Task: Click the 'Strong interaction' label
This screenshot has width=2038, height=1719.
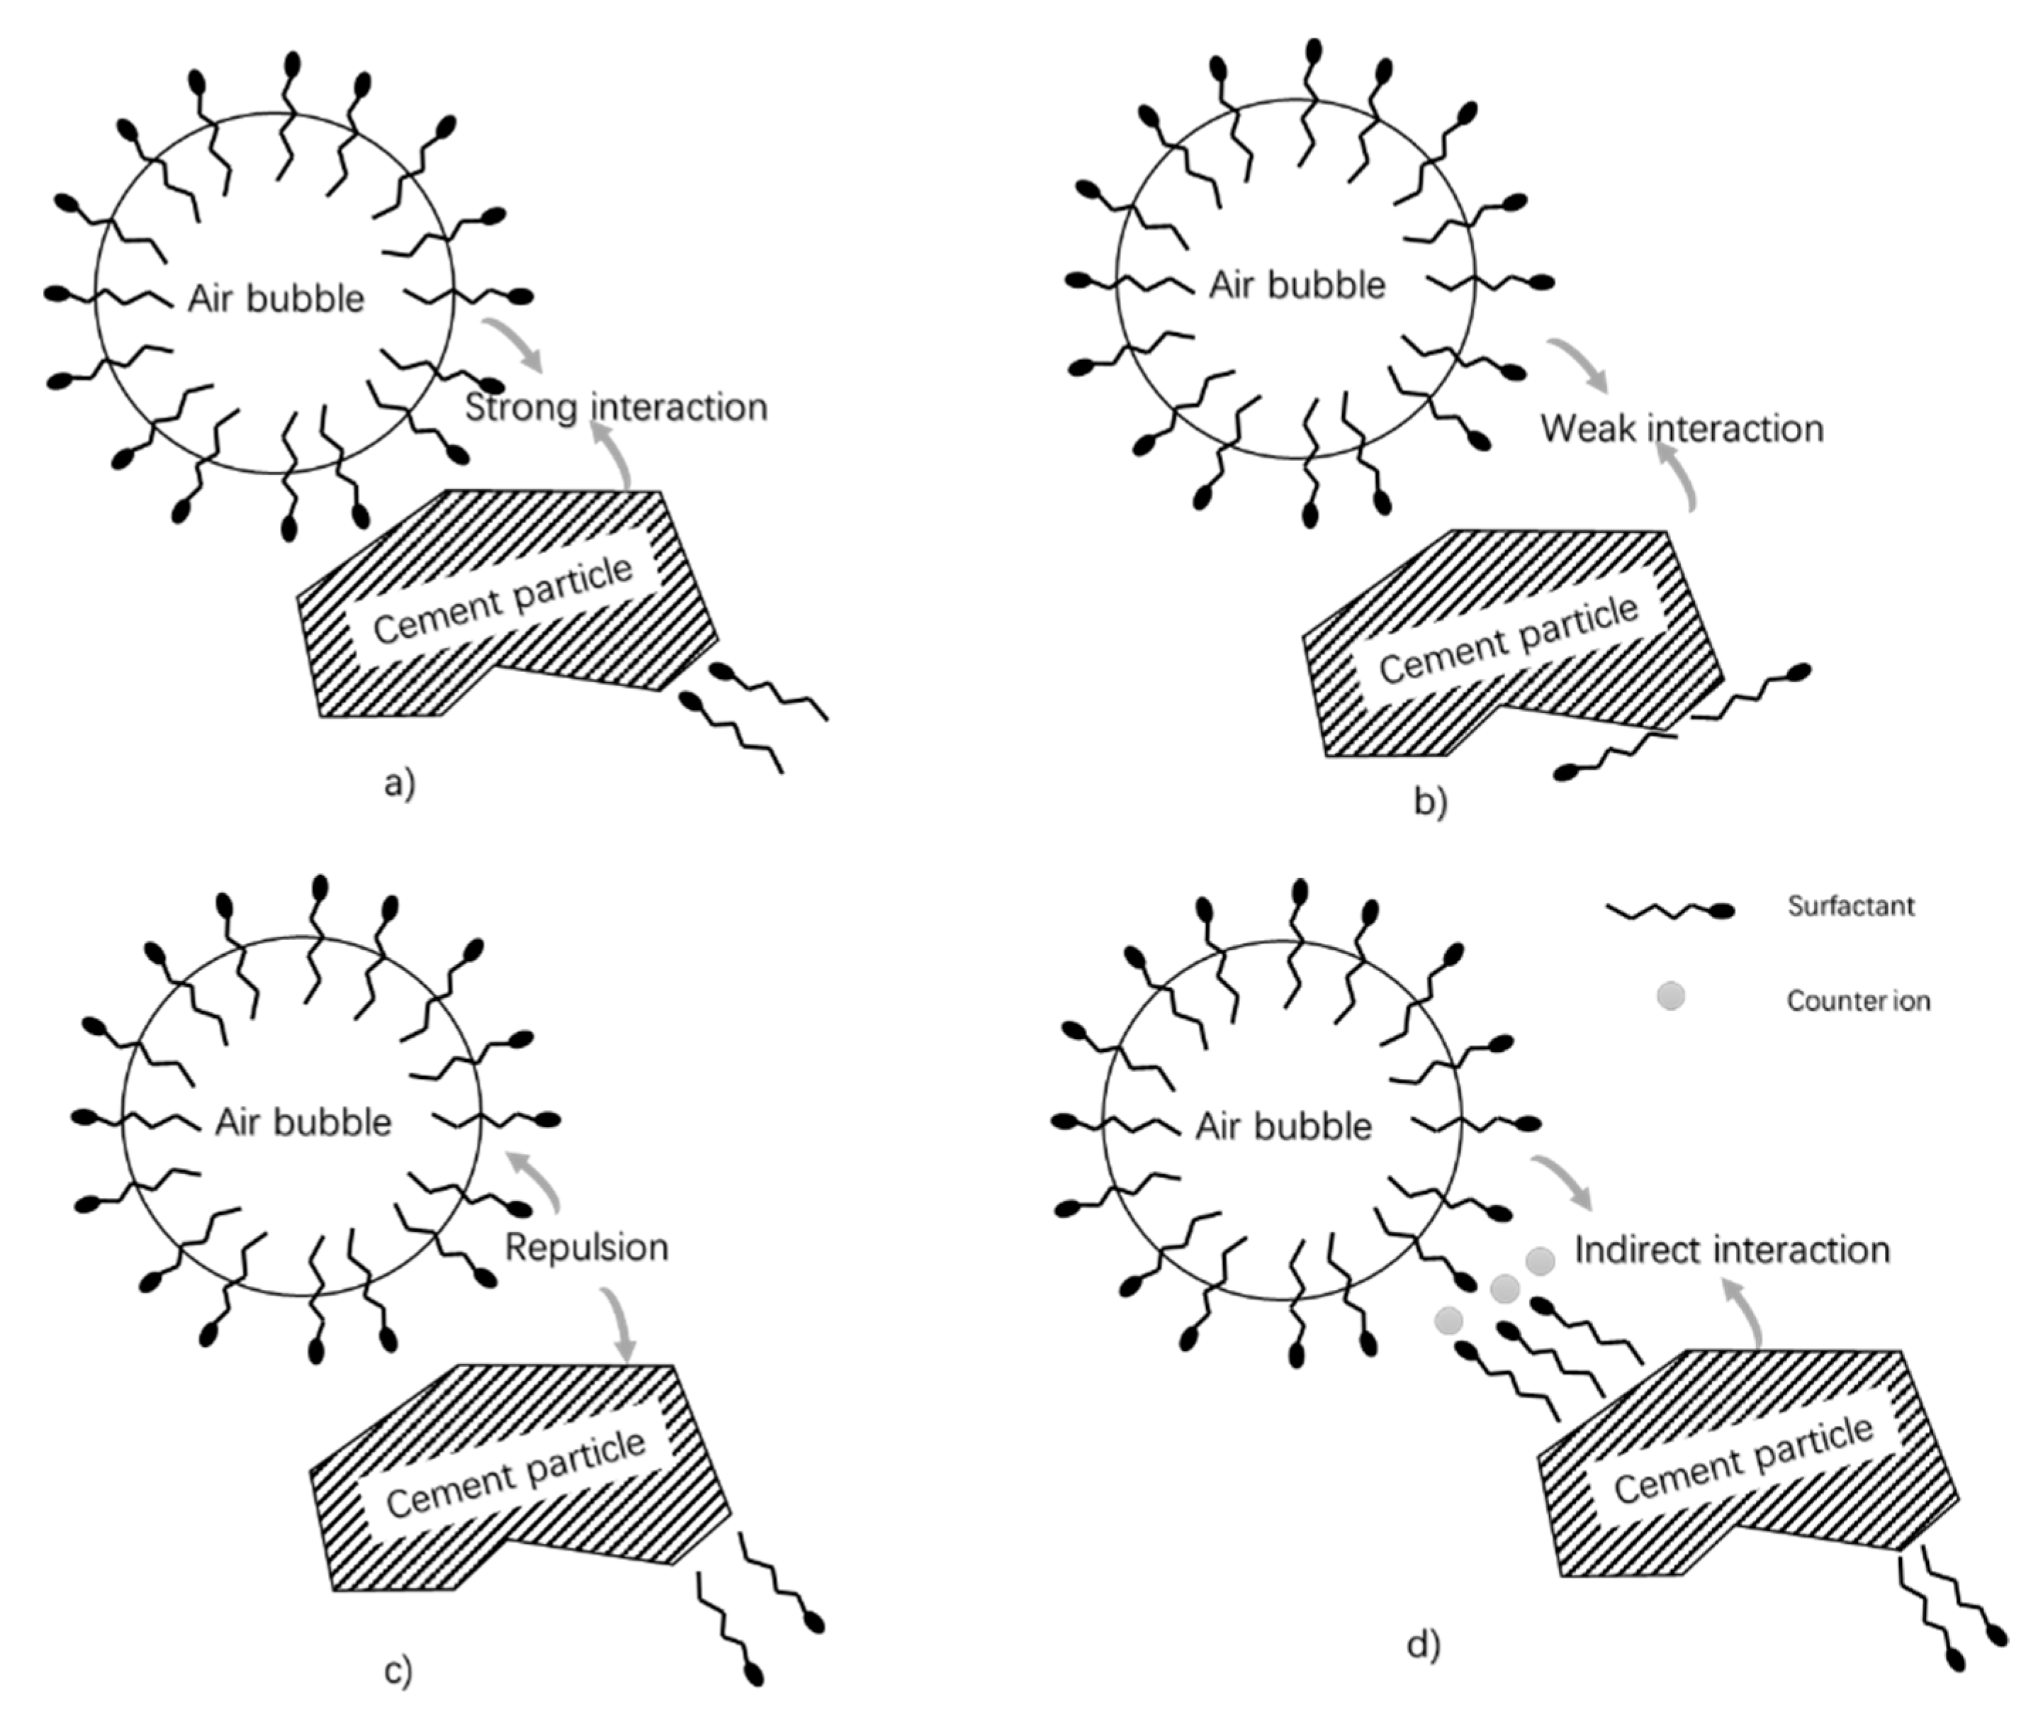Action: pyautogui.click(x=616, y=408)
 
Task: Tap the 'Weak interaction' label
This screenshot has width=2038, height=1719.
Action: pyautogui.click(x=1682, y=429)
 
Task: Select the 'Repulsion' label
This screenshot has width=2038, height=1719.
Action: pyautogui.click(x=587, y=1248)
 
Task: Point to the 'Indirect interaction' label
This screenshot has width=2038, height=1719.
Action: pyautogui.click(x=1732, y=1250)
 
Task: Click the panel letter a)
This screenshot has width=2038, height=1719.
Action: pyautogui.click(x=400, y=783)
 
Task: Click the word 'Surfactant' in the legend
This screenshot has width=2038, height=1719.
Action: pyautogui.click(x=1851, y=906)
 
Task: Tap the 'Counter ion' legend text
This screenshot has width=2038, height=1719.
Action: pyautogui.click(x=1858, y=1001)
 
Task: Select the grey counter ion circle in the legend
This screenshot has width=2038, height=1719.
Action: pyautogui.click(x=1671, y=997)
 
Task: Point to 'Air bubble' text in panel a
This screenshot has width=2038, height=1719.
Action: pyautogui.click(x=276, y=298)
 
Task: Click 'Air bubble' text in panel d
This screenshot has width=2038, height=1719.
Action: pyautogui.click(x=1283, y=1126)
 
